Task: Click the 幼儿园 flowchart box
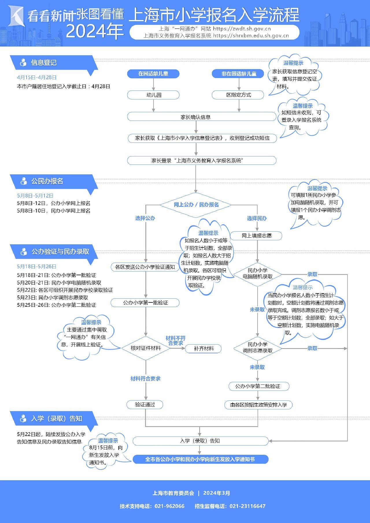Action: (153, 95)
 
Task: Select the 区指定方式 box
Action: (238, 95)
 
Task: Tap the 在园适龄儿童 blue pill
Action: (153, 74)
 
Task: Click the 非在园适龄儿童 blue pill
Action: (238, 74)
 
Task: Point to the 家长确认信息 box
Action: (202, 117)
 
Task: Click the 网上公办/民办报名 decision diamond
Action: (196, 205)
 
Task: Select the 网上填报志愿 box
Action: (257, 236)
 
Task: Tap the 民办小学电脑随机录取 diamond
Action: (257, 274)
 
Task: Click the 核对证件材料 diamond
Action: (146, 348)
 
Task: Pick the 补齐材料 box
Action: (203, 348)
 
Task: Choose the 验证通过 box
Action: (145, 404)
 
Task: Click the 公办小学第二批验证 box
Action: (258, 386)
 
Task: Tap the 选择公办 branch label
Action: (145, 218)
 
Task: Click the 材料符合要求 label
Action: (145, 378)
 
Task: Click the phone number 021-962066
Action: (169, 506)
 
